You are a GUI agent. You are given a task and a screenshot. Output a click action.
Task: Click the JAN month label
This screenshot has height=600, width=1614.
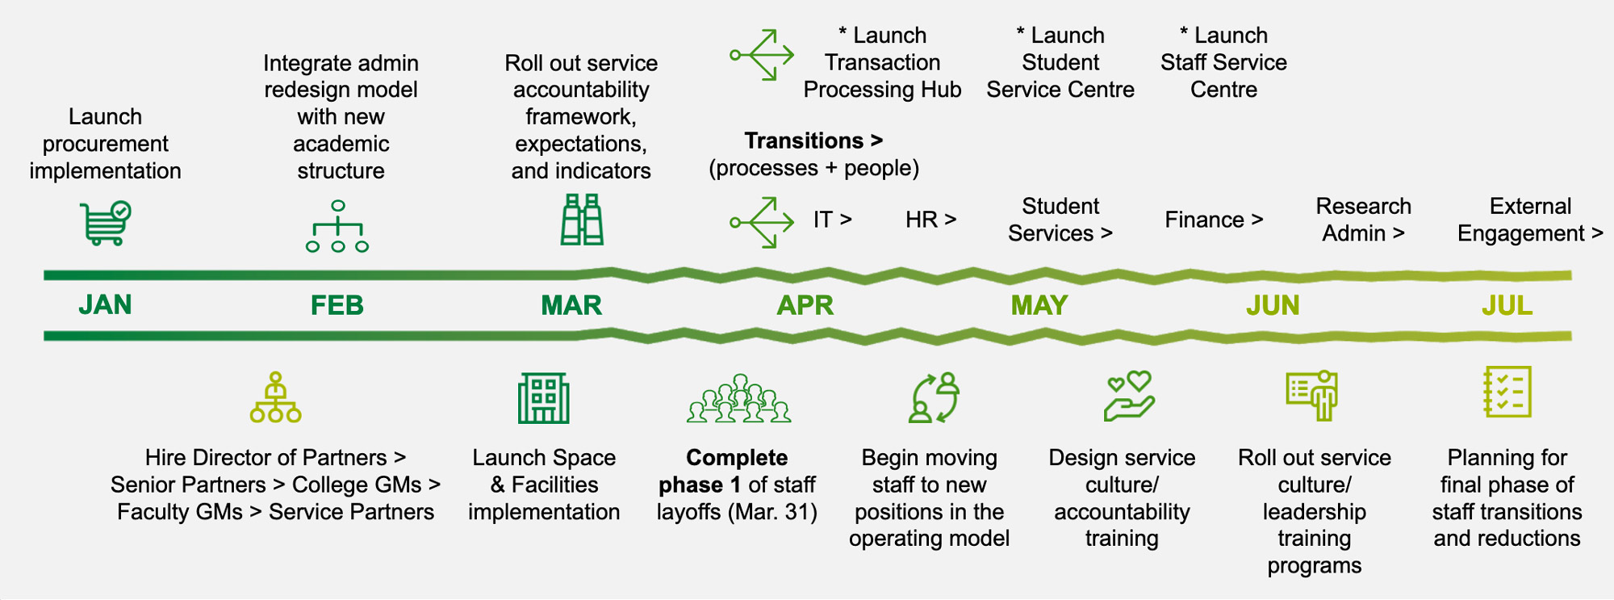coord(105,305)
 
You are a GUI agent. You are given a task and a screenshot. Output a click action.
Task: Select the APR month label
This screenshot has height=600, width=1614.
coord(805,305)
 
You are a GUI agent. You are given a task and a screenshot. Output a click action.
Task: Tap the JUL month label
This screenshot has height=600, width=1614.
coord(1506,305)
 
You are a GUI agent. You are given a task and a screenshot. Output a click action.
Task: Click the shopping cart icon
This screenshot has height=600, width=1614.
coord(106,222)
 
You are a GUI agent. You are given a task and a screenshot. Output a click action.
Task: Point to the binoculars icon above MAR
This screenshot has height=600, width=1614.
coord(582,220)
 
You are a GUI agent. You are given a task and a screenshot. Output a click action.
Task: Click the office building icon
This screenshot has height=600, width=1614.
coord(543,398)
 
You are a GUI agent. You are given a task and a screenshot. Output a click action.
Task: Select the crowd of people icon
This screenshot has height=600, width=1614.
coord(738,399)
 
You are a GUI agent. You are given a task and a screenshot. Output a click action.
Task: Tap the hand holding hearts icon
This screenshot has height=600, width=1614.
coord(1129,396)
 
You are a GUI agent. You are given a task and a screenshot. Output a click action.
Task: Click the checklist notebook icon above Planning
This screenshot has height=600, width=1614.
coord(1507,392)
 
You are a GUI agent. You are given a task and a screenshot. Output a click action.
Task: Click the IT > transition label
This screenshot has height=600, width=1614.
coord(832,220)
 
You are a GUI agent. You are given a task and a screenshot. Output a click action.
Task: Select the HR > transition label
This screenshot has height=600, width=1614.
coord(930,220)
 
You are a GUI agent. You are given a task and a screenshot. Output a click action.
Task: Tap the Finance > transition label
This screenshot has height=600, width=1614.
coord(1213,220)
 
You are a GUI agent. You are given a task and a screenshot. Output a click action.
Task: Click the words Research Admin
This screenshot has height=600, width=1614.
coord(1363,220)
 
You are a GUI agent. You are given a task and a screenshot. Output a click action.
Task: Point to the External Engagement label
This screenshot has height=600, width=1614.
coord(1529,220)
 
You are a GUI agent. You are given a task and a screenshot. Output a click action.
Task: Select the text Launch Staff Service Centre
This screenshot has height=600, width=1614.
coord(1223,62)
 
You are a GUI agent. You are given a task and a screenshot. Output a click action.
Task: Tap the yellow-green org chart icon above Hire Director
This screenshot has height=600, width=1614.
coord(275,397)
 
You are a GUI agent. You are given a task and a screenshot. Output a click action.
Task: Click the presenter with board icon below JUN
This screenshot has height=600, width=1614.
coord(1313,396)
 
